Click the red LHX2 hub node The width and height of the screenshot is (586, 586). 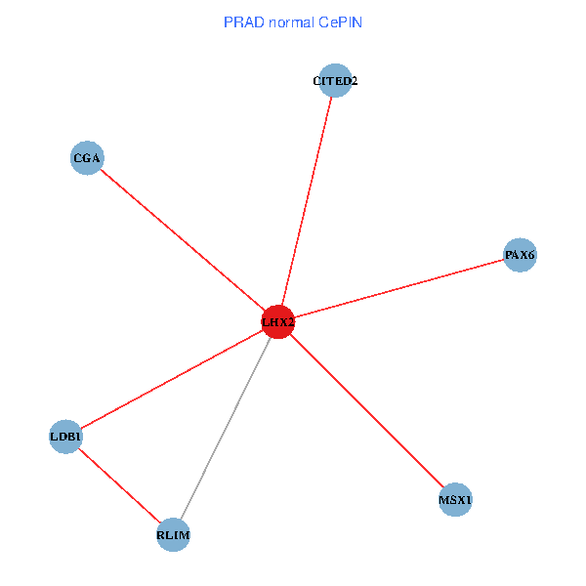pyautogui.click(x=278, y=321)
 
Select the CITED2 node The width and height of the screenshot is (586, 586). pyautogui.click(x=335, y=81)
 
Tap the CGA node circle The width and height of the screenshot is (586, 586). pyautogui.click(x=87, y=158)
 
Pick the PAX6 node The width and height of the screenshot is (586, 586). pyautogui.click(x=520, y=256)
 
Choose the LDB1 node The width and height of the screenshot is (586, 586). pyautogui.click(x=65, y=437)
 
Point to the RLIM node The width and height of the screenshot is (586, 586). pyautogui.click(x=173, y=535)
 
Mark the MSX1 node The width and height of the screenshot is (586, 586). pyautogui.click(x=455, y=500)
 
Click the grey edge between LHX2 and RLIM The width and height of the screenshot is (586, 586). pyautogui.click(x=226, y=428)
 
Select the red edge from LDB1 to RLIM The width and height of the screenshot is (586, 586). pyautogui.click(x=119, y=485)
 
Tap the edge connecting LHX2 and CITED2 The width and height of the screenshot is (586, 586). pyautogui.click(x=307, y=201)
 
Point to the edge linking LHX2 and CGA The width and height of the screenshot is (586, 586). pyautogui.click(x=183, y=239)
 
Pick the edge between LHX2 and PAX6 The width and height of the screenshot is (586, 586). pyautogui.click(x=398, y=289)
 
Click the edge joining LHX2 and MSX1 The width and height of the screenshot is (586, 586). pyautogui.click(x=366, y=410)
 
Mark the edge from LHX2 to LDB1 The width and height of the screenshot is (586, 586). pyautogui.click(x=172, y=379)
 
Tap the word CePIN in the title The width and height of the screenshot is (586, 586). pyautogui.click(x=339, y=21)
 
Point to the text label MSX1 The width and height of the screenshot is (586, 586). pyautogui.click(x=455, y=501)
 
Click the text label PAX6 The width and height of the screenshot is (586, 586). pyautogui.click(x=520, y=256)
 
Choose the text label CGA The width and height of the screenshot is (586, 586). pyautogui.click(x=87, y=158)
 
